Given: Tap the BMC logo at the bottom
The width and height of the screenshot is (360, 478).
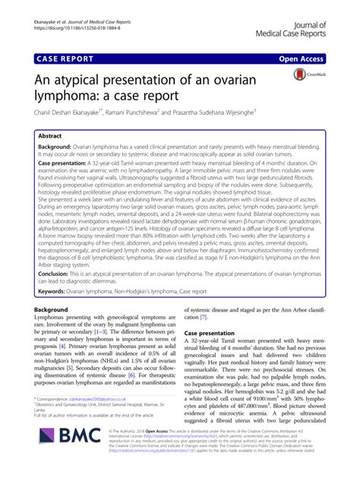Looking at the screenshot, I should point(71,456).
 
